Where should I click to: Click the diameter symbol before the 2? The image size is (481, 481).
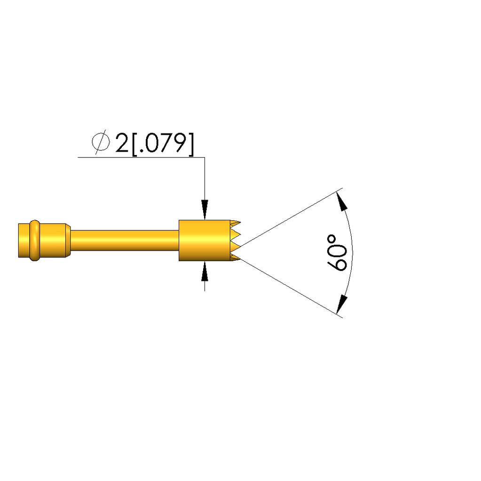(x=101, y=142)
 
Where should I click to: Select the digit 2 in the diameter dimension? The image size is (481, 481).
(x=122, y=143)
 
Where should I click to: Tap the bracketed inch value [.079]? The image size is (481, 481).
(x=163, y=144)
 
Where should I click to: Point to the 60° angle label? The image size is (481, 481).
(x=337, y=253)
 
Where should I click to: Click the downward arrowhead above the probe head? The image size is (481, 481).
(x=205, y=210)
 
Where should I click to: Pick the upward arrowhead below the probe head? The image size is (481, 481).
(x=205, y=271)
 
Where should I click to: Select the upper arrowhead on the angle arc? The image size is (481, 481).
(x=342, y=201)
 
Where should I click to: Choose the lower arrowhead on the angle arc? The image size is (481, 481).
(x=342, y=304)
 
